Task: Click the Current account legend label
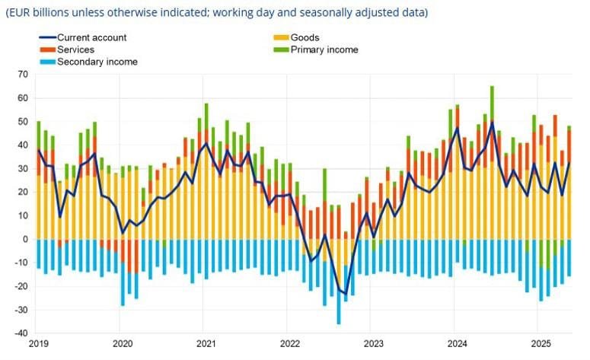[x=92, y=37]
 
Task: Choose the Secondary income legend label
[x=98, y=62]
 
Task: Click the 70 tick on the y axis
[x=22, y=75]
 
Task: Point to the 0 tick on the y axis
[x=24, y=240]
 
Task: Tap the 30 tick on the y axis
[x=22, y=169]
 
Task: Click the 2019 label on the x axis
[x=38, y=345]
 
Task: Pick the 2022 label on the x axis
[x=289, y=345]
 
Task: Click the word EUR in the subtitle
[x=22, y=13]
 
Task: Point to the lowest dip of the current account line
[x=346, y=294]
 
